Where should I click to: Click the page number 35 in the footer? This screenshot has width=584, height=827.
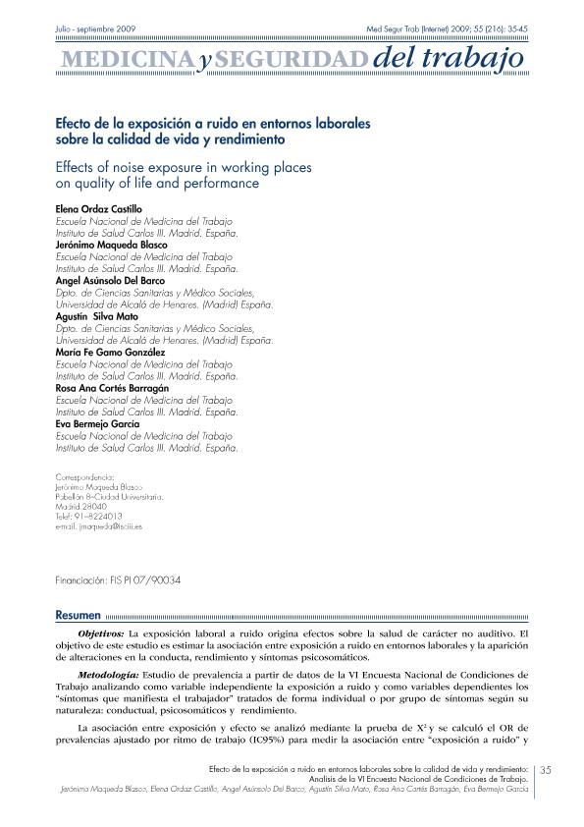(548, 769)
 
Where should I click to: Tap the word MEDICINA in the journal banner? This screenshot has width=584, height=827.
(125, 62)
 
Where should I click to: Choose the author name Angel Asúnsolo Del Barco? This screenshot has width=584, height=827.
(110, 280)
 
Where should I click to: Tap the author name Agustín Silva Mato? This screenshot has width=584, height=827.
(98, 315)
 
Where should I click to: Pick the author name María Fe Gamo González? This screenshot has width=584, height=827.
(110, 351)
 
